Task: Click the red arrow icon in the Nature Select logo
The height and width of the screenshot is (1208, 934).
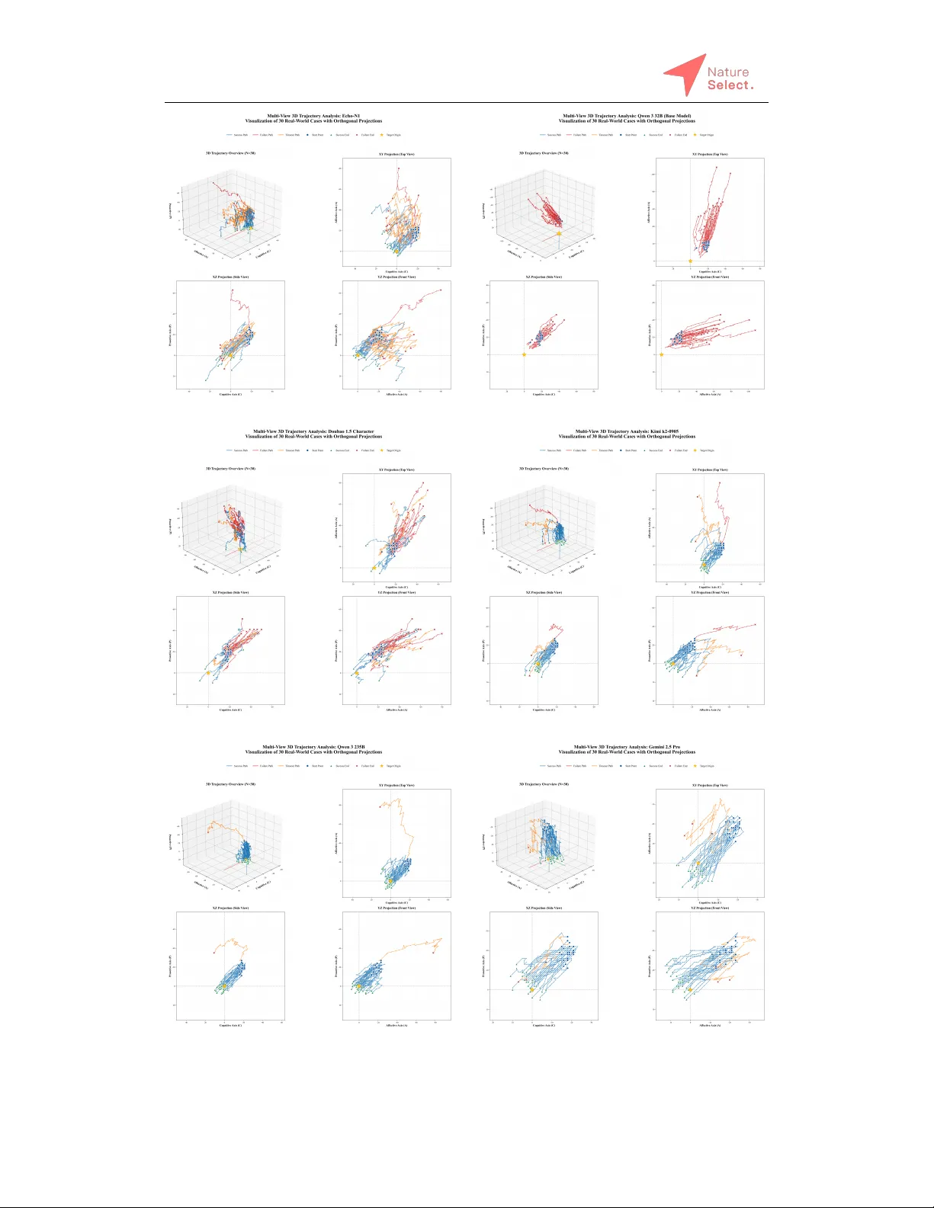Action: pyautogui.click(x=684, y=73)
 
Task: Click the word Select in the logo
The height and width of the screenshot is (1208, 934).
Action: pyautogui.click(x=728, y=85)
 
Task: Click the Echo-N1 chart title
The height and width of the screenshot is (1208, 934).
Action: pyautogui.click(x=313, y=116)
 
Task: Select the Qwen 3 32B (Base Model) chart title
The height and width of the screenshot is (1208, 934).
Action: pyautogui.click(x=627, y=116)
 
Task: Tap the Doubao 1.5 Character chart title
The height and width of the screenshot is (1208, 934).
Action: pyautogui.click(x=313, y=431)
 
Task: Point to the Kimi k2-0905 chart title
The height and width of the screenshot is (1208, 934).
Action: pyautogui.click(x=627, y=431)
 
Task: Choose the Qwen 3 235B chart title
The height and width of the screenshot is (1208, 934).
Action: pyautogui.click(x=313, y=747)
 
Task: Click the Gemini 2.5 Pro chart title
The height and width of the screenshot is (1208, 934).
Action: pyautogui.click(x=627, y=747)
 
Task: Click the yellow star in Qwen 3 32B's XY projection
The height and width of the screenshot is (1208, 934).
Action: pyautogui.click(x=690, y=261)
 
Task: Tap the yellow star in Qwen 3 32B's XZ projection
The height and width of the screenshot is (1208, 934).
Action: pyautogui.click(x=524, y=354)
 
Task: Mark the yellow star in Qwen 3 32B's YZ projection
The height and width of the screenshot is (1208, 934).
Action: pyautogui.click(x=661, y=354)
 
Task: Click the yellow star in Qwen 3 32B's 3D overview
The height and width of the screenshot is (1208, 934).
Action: pyautogui.click(x=559, y=233)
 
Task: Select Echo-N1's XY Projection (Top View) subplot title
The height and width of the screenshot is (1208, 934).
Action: pyautogui.click(x=396, y=154)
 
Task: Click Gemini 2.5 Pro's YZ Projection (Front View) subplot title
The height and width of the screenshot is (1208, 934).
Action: pyautogui.click(x=710, y=908)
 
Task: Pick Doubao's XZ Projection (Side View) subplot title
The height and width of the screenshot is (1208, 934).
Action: pyautogui.click(x=230, y=592)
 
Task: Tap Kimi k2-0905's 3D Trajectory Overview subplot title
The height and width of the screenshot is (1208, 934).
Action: pyautogui.click(x=544, y=469)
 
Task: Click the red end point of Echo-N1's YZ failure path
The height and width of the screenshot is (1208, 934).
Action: pyautogui.click(x=441, y=290)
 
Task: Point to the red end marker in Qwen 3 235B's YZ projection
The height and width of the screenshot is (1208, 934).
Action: pyautogui.click(x=433, y=952)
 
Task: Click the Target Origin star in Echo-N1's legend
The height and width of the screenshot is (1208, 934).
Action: pyautogui.click(x=382, y=135)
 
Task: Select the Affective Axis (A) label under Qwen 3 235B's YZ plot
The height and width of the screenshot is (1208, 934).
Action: pyautogui.click(x=396, y=1025)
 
